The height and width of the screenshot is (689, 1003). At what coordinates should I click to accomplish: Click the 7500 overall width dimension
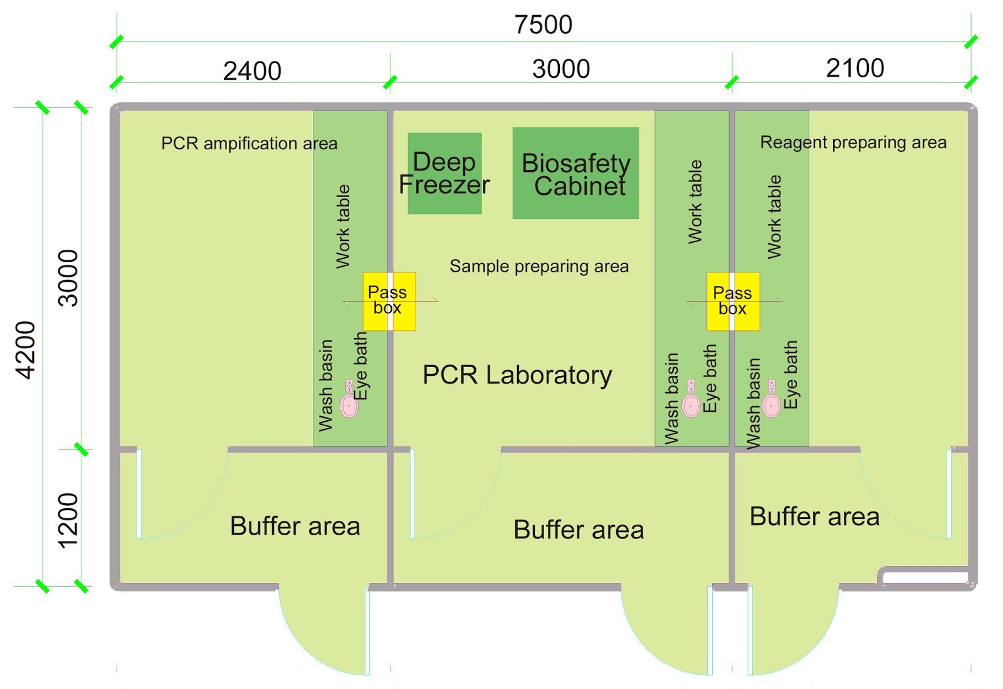tap(543, 25)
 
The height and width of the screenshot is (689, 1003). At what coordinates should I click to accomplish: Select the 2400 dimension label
tap(252, 71)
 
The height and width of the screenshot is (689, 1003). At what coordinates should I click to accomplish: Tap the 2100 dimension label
tap(854, 68)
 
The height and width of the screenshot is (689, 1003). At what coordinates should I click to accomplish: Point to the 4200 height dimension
tap(26, 350)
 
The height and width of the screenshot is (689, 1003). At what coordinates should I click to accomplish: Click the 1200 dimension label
tap(68, 520)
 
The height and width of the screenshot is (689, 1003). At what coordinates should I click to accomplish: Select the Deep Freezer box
tap(444, 173)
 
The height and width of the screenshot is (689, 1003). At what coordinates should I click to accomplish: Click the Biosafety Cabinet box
tap(575, 174)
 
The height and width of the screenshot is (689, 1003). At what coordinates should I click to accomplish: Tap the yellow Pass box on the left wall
tap(389, 301)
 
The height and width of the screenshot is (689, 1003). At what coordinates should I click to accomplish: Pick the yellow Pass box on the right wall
tap(733, 301)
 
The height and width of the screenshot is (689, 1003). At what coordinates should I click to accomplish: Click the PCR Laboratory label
tap(517, 375)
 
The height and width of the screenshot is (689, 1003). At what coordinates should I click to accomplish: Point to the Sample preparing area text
tap(538, 266)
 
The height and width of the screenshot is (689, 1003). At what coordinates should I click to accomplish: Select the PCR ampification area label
tap(249, 144)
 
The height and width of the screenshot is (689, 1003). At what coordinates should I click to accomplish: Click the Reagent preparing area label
tap(853, 142)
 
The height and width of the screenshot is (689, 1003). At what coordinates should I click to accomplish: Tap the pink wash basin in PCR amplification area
tap(349, 405)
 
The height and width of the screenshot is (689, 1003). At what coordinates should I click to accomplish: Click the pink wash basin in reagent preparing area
tap(771, 405)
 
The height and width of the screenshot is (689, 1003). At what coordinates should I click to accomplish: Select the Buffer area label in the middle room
tap(578, 530)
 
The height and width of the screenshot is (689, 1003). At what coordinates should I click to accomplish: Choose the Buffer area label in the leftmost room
tap(295, 526)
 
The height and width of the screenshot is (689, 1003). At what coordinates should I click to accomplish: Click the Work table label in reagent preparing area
tap(775, 217)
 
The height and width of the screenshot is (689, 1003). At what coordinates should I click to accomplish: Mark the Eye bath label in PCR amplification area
tap(361, 366)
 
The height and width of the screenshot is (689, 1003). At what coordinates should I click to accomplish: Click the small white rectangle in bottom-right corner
tap(925, 577)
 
